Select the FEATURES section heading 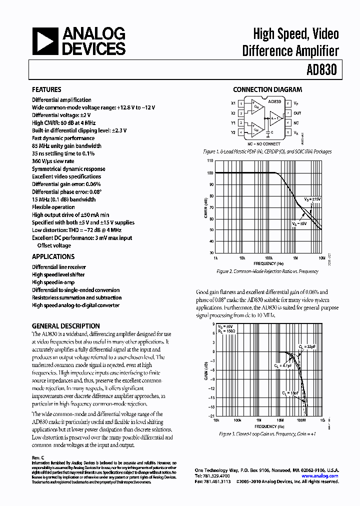coord(46,90)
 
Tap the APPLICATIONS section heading coord(53,256)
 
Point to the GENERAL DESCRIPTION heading coord(65,326)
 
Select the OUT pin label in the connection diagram coord(297,113)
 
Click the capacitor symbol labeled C coord(268,132)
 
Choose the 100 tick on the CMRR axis coord(210,172)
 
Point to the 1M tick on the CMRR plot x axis coord(295,258)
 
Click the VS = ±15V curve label coord(312,199)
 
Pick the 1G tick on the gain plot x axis coord(322,421)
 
